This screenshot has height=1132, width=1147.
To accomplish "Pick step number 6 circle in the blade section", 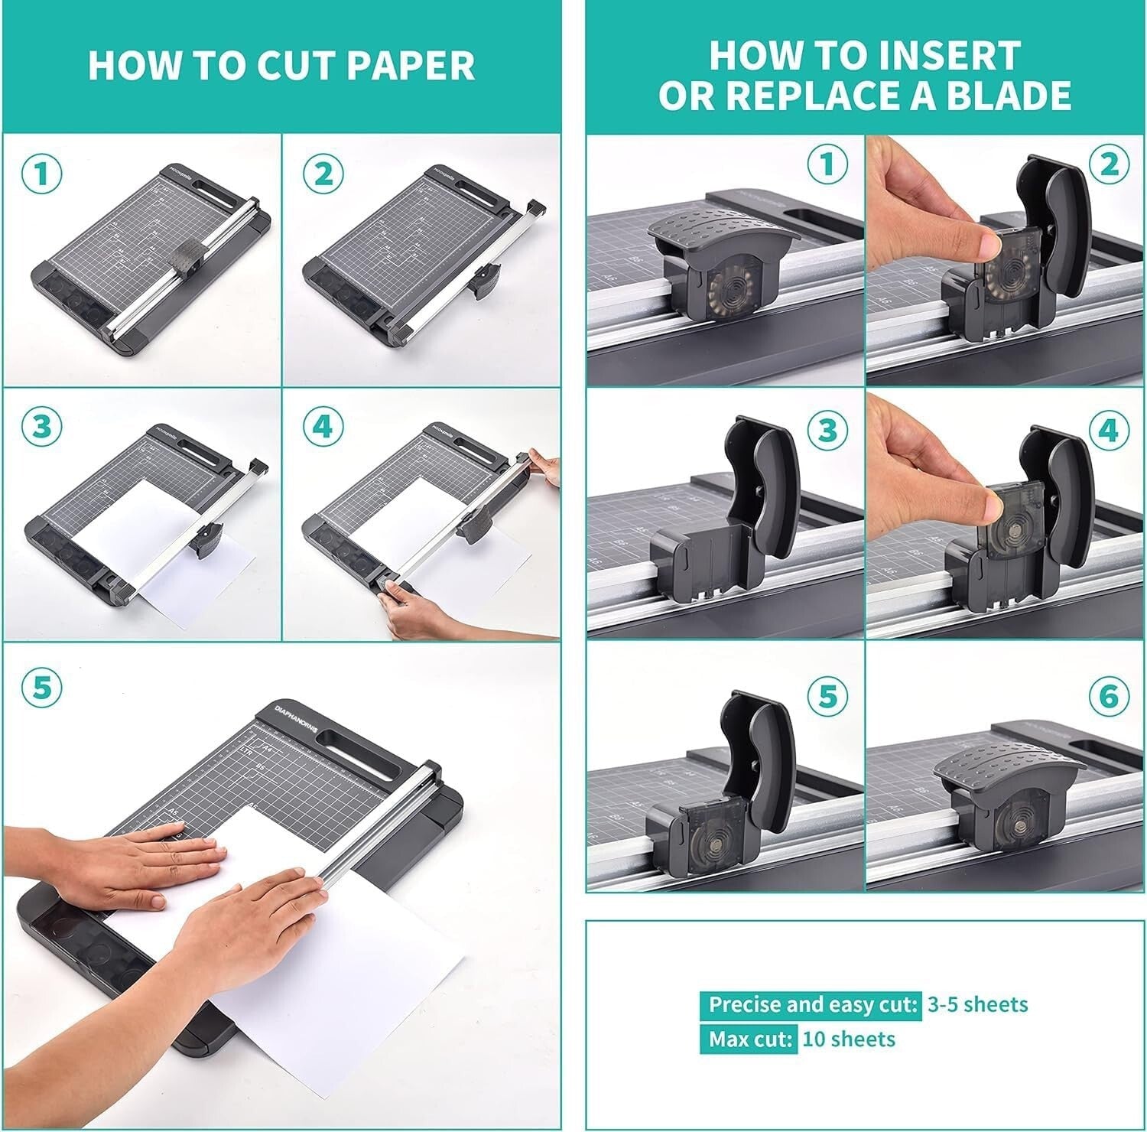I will click(1107, 696).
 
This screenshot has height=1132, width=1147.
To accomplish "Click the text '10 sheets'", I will click(848, 1039).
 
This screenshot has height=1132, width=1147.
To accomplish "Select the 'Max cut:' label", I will click(748, 1039).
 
